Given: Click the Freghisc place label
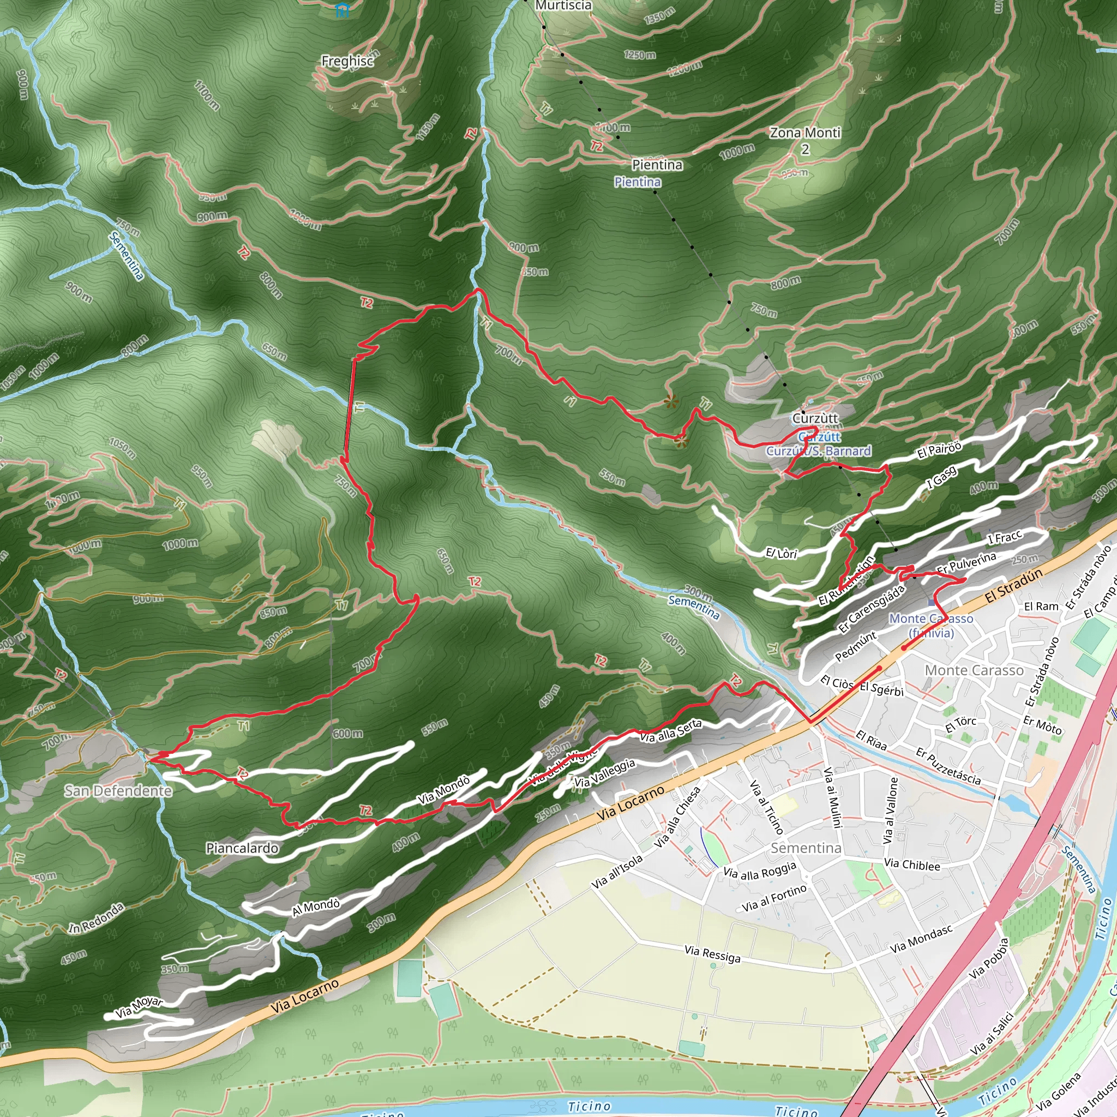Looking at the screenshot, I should point(347,61).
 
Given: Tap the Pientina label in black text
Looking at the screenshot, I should point(657,165).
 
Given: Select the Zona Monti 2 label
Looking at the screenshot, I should point(805,141).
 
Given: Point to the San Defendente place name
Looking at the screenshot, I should point(118,790).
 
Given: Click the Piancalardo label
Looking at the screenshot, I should point(242,848).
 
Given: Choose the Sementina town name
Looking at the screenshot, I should point(806,848).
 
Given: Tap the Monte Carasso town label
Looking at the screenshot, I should point(974,670).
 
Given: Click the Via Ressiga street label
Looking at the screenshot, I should point(712,954).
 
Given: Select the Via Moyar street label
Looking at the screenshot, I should point(139,1008).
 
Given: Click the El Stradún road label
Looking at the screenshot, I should point(1013,585).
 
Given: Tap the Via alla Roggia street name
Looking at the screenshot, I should point(760,870).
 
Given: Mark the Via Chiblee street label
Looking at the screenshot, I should point(912,865).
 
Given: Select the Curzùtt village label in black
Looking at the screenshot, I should point(815,418).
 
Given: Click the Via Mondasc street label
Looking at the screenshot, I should point(921,940).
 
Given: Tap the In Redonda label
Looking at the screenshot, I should point(96,918).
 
